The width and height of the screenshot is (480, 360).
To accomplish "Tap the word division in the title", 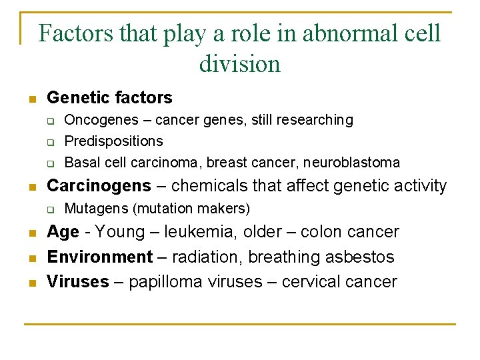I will (x=239, y=64).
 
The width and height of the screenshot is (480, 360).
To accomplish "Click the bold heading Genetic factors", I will (x=109, y=98).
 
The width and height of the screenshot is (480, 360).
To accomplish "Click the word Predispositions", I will (x=113, y=141).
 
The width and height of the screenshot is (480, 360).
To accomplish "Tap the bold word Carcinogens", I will (x=99, y=185).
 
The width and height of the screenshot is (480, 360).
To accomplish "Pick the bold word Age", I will (x=63, y=232).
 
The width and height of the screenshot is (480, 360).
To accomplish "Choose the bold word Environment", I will (x=100, y=257).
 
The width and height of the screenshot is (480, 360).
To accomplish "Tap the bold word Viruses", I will (x=77, y=282).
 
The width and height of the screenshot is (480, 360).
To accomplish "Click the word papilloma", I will (x=164, y=282).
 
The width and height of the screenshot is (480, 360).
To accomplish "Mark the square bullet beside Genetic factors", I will (x=31, y=99).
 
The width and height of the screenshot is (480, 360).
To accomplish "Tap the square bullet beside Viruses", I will (x=31, y=283).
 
